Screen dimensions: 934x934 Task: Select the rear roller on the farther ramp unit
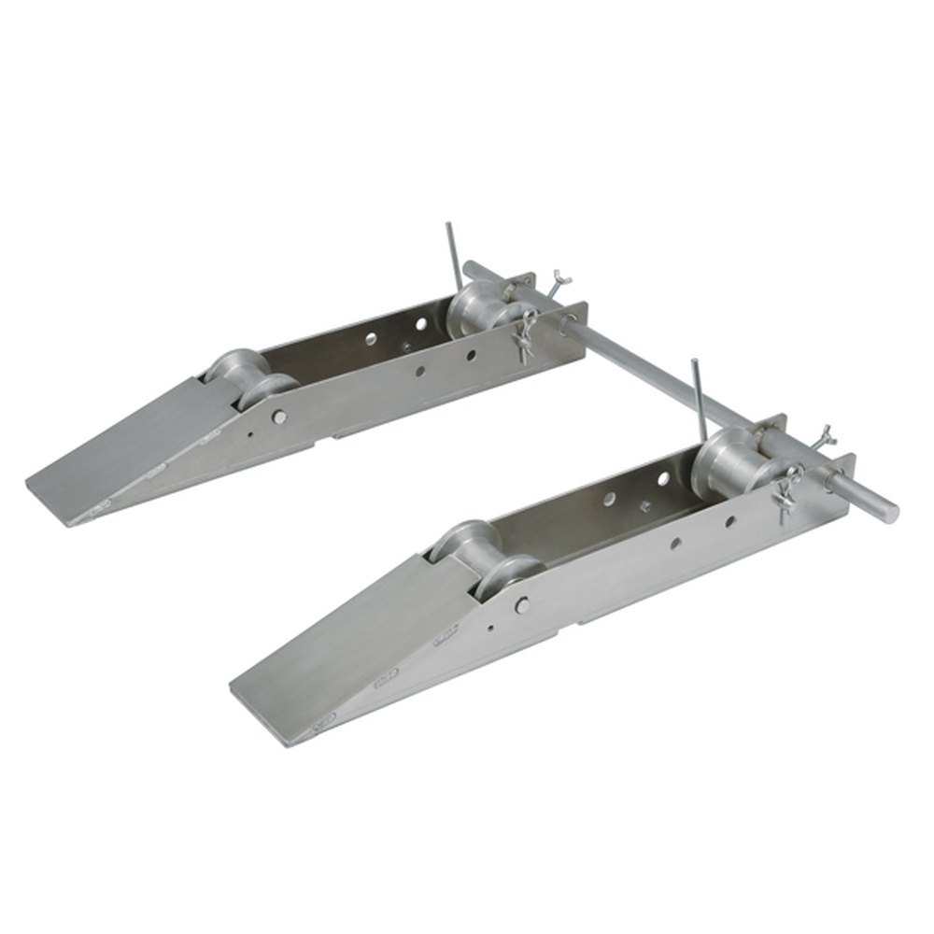(x=478, y=310)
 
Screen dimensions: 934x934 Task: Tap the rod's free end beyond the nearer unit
(x=883, y=508)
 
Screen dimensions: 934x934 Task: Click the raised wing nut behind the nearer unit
(x=824, y=434)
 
